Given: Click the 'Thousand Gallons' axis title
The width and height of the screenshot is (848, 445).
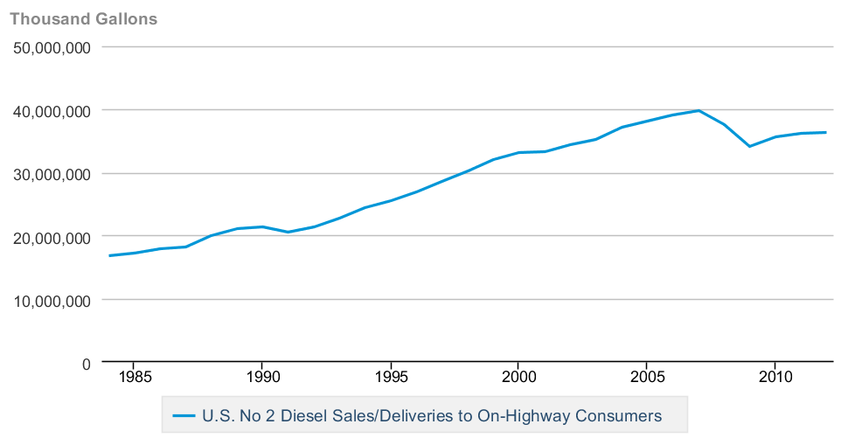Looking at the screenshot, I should click(83, 18).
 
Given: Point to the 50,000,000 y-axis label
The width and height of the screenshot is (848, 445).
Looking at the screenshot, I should click(53, 48).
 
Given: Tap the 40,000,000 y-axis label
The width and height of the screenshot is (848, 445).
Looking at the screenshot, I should click(53, 111).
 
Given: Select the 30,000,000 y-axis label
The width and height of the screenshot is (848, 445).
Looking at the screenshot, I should click(53, 174).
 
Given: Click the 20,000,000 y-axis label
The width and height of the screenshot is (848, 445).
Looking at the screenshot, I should click(53, 237).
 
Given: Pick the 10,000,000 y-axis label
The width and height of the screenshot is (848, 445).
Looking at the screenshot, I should click(53, 300).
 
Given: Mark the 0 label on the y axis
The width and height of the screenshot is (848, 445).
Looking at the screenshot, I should click(86, 363).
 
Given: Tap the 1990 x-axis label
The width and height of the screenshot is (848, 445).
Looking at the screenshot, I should click(261, 378).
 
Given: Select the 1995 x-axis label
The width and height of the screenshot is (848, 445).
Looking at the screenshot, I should click(390, 378).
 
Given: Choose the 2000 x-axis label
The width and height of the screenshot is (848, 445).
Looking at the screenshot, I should click(518, 378).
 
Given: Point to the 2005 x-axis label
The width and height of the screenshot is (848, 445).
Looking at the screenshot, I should click(646, 378).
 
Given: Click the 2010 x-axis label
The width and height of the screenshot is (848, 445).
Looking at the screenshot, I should click(775, 378).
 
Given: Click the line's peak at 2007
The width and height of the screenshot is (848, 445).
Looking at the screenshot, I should click(698, 110).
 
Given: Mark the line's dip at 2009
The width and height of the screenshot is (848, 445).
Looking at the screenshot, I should click(749, 146).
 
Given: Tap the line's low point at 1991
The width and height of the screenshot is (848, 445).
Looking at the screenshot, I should click(288, 232).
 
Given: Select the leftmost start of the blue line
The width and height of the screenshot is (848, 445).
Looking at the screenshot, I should click(108, 255).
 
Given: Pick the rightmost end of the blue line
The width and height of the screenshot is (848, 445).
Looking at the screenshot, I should click(826, 132).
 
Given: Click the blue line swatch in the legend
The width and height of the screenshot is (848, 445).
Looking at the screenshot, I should click(184, 416).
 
